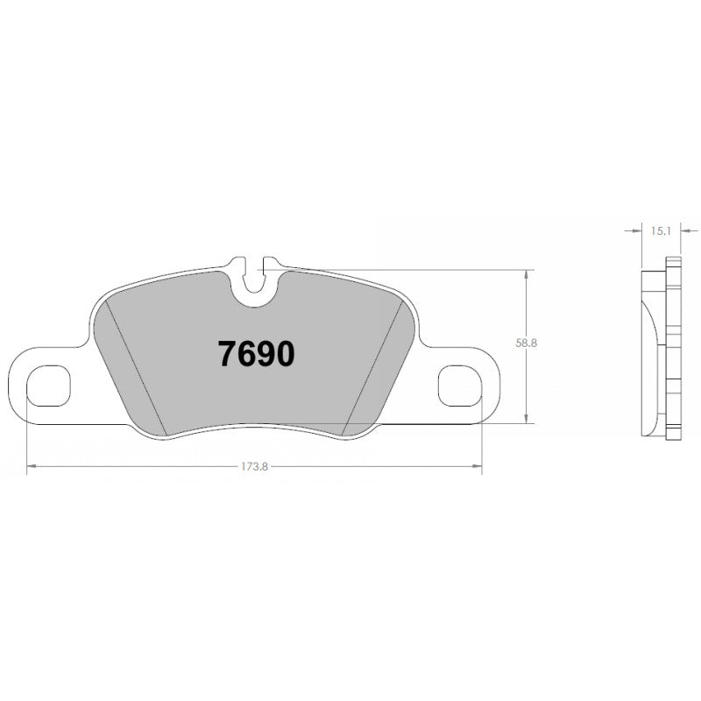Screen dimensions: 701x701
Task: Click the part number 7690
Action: click(x=256, y=354)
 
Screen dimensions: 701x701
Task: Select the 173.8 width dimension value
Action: click(x=254, y=466)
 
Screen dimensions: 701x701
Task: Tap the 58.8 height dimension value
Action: click(x=527, y=344)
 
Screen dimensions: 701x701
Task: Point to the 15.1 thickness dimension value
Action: click(x=662, y=231)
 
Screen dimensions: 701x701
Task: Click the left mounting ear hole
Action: click(x=47, y=386)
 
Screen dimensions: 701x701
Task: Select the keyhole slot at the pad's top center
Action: click(x=255, y=280)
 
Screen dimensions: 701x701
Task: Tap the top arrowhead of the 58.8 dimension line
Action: click(x=526, y=273)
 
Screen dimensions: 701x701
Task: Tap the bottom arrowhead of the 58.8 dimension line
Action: click(x=526, y=421)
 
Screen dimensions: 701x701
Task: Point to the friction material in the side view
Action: click(x=653, y=350)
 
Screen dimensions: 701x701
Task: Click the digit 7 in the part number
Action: click(x=227, y=354)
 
